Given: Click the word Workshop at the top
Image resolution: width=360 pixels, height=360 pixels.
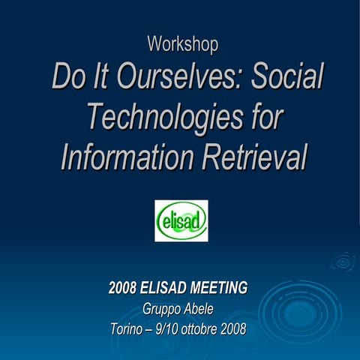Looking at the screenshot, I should [x=183, y=44].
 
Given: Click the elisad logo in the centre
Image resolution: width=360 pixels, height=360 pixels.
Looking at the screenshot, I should [x=181, y=220].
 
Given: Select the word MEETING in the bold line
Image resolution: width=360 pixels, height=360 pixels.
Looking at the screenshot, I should [x=211, y=287].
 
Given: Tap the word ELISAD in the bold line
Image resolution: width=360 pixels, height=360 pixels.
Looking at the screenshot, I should [x=157, y=287].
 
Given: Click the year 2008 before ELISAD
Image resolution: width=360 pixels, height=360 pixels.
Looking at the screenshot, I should [x=122, y=287].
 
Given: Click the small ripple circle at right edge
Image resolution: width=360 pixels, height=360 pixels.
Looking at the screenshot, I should [x=343, y=262].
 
